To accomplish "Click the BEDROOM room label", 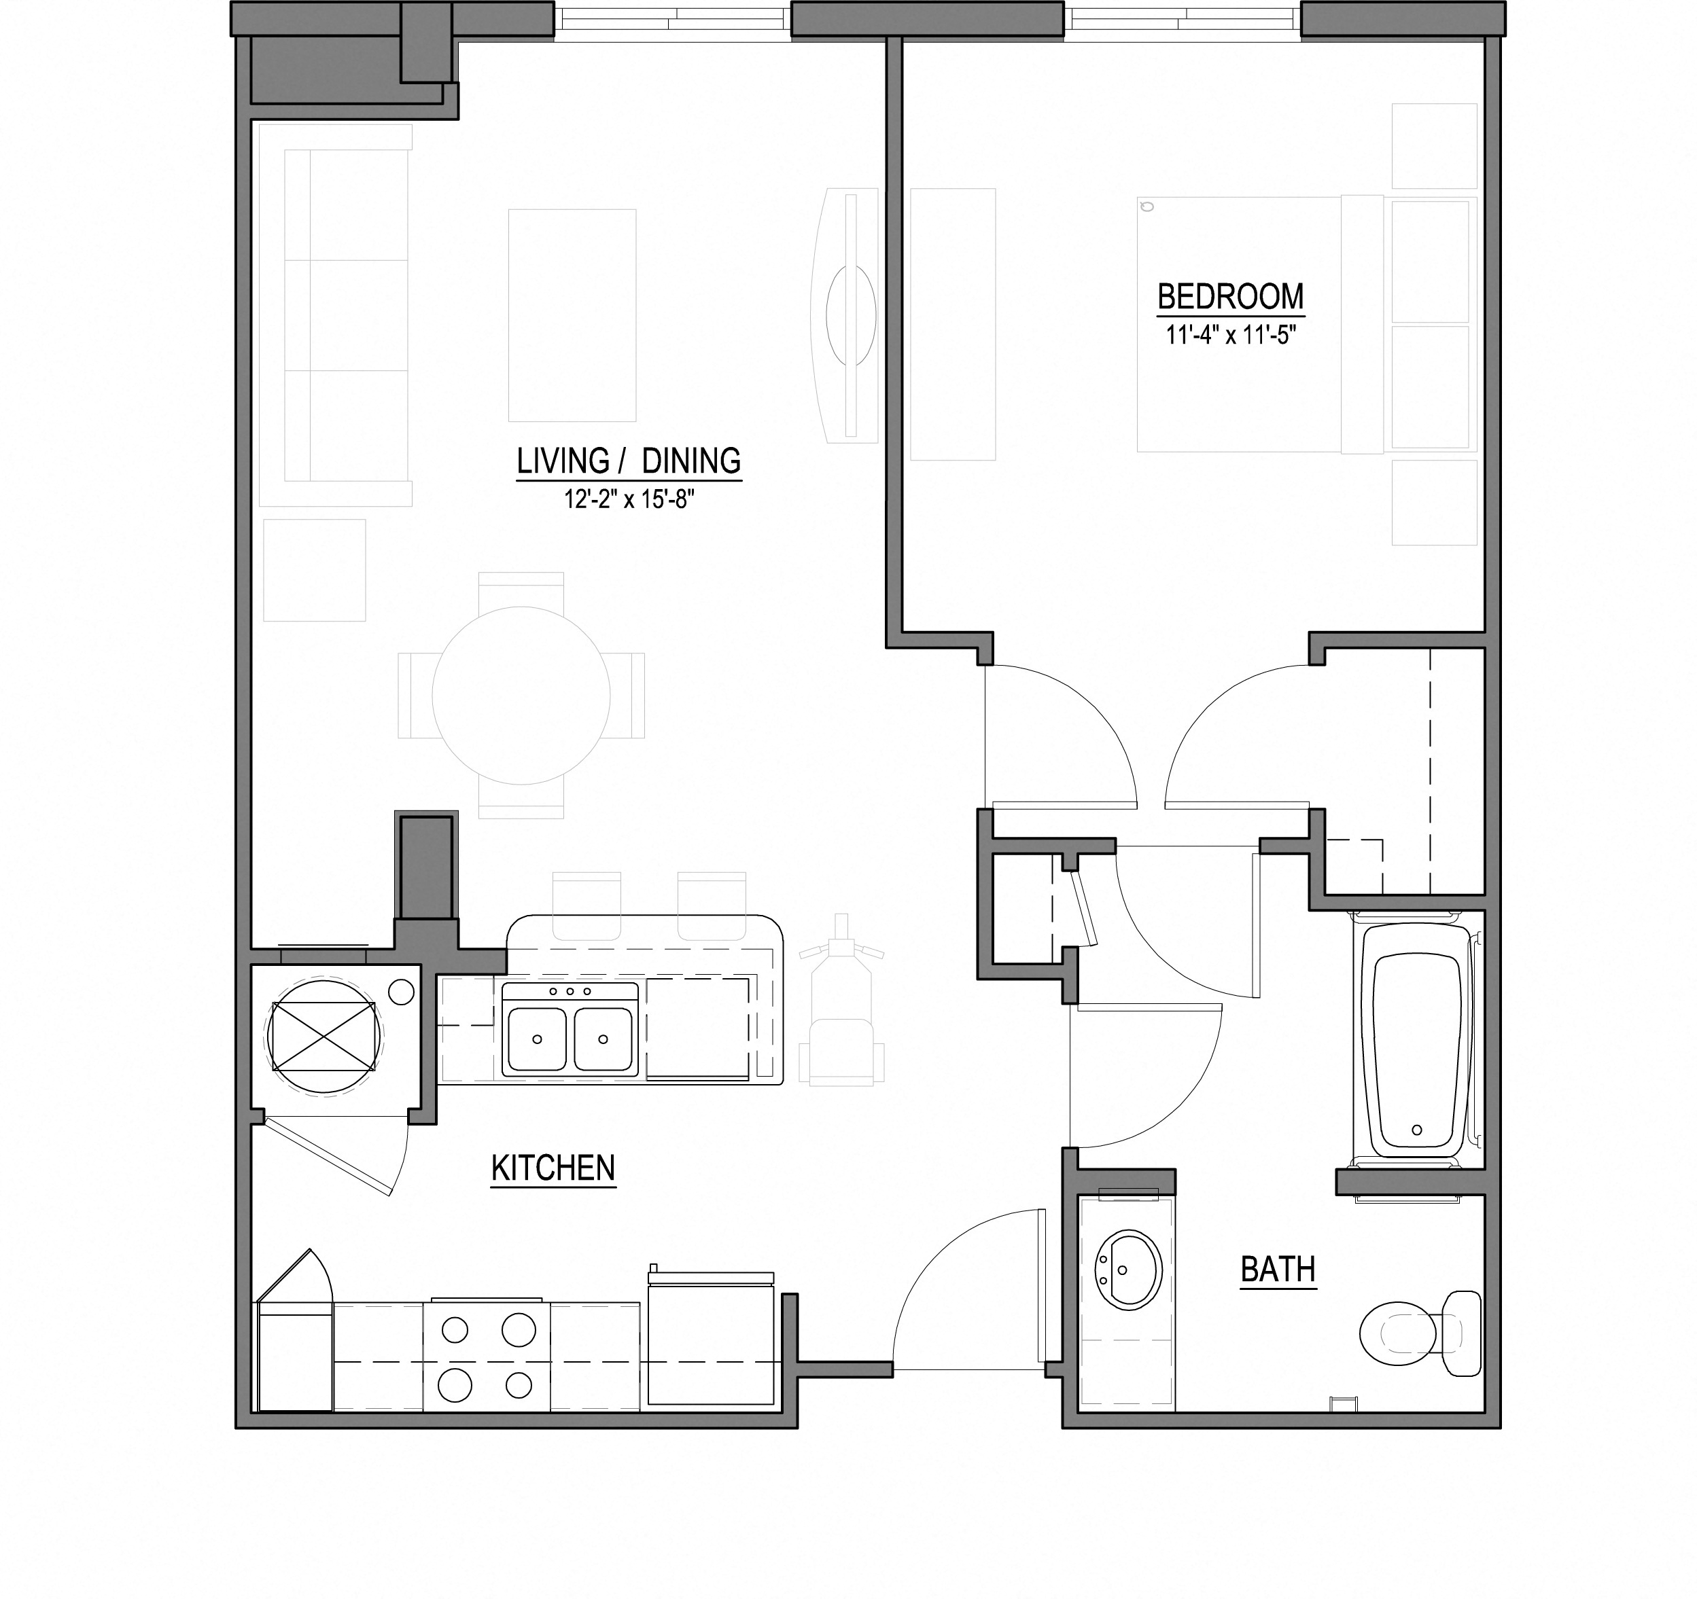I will pos(1230,297).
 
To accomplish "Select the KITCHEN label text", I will pos(553,1168).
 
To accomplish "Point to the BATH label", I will pos(1277,1270).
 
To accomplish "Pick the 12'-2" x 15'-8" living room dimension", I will pos(628,499).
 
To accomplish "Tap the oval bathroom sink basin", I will pos(1128,1270).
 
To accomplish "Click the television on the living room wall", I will pos(850,315).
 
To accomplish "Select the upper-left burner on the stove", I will pos(455,1329).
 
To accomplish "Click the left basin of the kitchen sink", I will pos(536,1039).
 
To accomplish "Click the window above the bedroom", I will pos(1183,19).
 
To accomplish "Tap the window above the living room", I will pos(673,19).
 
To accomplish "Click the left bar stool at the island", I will pos(587,905).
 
